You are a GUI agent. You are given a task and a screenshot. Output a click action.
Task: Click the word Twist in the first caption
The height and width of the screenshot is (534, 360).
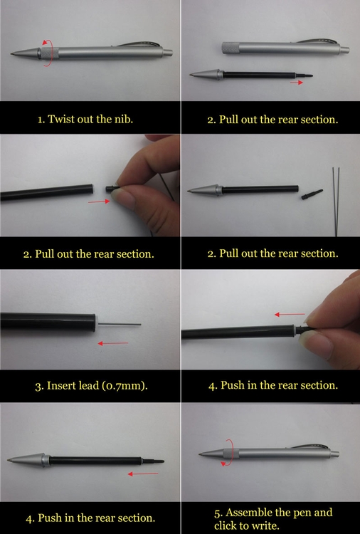coord(61,119)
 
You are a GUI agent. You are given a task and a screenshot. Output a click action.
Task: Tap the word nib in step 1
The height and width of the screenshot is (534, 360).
coord(124,119)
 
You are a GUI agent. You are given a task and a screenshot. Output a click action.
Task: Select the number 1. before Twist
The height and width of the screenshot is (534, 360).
coord(41,120)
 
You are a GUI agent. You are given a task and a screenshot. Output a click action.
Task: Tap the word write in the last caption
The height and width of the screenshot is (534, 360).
coord(265,525)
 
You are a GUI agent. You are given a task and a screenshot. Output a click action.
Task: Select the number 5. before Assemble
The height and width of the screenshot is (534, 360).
coord(219,513)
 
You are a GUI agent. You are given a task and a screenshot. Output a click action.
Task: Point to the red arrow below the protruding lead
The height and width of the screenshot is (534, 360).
coord(113,343)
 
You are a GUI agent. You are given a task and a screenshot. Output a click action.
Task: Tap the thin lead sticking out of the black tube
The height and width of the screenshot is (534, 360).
coord(120,324)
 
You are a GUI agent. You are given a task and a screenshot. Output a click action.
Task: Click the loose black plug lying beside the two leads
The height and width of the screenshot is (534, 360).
coord(312,194)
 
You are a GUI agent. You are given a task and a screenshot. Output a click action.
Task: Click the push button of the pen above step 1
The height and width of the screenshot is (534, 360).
coord(167,53)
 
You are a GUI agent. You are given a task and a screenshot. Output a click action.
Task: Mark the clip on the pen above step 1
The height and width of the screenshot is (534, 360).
coord(139,44)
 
